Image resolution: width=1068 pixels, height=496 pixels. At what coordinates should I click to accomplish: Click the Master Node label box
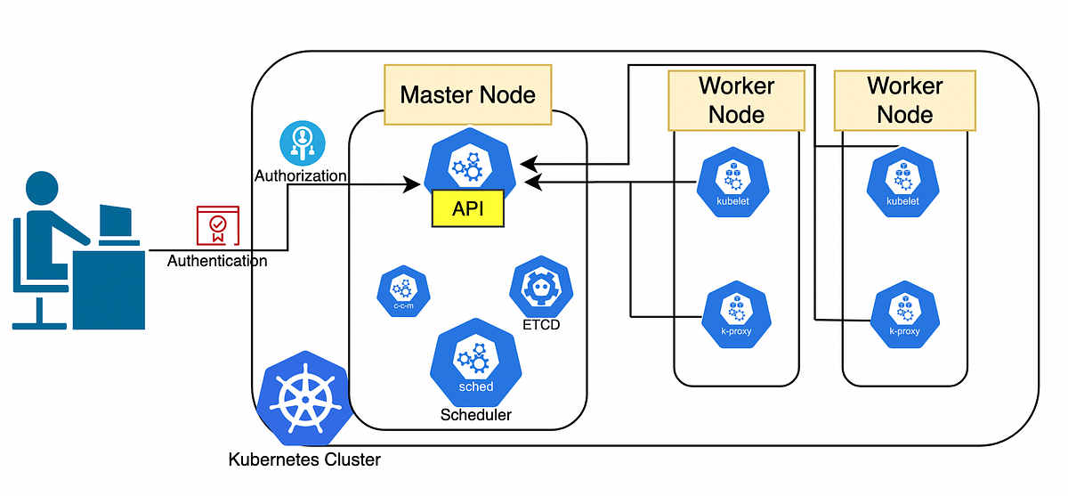tap(468, 94)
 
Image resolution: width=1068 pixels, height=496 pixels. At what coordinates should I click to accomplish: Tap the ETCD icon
tap(535, 286)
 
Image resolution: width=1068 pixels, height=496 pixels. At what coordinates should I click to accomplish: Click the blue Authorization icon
tap(303, 143)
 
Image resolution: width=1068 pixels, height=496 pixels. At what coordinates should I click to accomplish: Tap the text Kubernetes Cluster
tap(304, 460)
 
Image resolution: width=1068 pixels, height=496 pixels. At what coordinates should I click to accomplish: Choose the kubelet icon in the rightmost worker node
tap(902, 184)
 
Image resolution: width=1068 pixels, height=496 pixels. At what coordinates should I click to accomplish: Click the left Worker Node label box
tap(736, 100)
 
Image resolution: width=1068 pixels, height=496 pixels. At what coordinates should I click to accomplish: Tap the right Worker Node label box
tap(904, 100)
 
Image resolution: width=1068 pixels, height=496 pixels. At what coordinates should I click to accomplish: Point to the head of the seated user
tap(45, 189)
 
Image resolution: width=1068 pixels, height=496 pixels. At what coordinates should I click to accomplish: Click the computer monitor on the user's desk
tap(116, 224)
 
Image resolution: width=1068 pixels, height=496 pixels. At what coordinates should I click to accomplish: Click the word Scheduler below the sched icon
tap(476, 415)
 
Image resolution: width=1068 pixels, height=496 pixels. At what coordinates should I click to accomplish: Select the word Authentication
tap(217, 262)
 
